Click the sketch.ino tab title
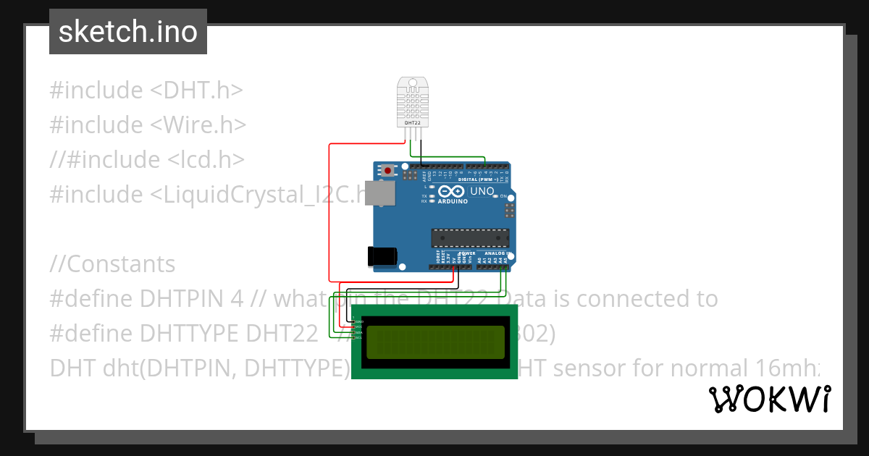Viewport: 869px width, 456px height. (128, 32)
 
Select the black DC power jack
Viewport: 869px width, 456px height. (382, 256)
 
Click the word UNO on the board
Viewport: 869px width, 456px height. (482, 192)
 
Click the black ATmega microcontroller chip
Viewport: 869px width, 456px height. (470, 237)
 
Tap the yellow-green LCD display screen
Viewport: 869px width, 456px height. (434, 342)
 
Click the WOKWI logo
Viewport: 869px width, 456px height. (770, 399)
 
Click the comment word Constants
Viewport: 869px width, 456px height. (120, 264)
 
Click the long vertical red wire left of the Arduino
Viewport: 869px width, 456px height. (329, 210)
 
